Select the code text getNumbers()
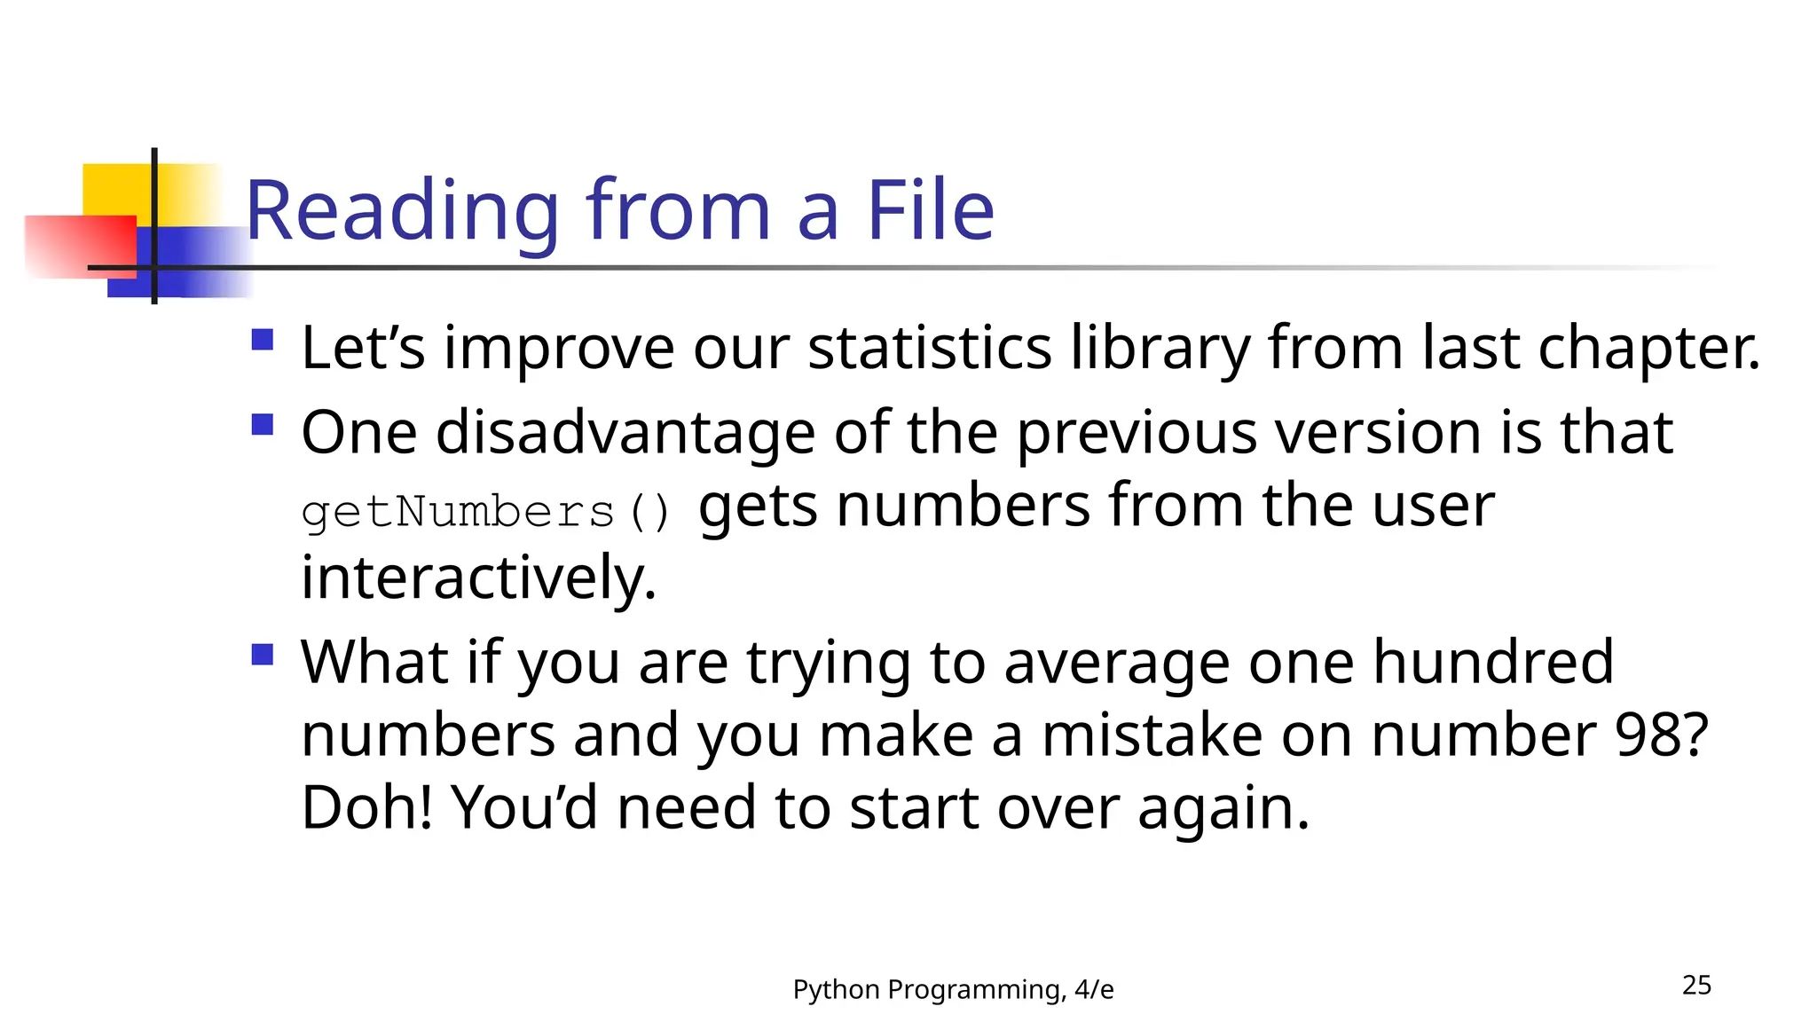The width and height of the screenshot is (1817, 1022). tap(486, 513)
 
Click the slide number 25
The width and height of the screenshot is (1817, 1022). tap(1696, 985)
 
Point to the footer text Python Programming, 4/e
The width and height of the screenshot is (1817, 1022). tap(953, 989)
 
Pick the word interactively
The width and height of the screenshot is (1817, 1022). tap(477, 578)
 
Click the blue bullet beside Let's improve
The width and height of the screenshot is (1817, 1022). tap(262, 341)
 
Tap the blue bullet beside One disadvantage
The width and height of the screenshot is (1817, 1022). tap(262, 425)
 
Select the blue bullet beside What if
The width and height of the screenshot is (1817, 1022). tap(262, 655)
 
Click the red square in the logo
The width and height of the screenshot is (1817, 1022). tap(80, 246)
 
